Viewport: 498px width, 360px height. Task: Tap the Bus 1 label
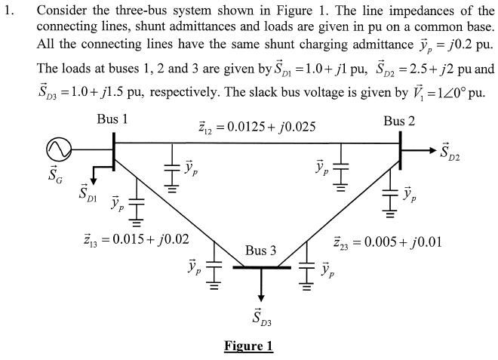pyautogui.click(x=112, y=119)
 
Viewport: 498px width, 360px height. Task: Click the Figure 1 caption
pyautogui.click(x=248, y=346)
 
